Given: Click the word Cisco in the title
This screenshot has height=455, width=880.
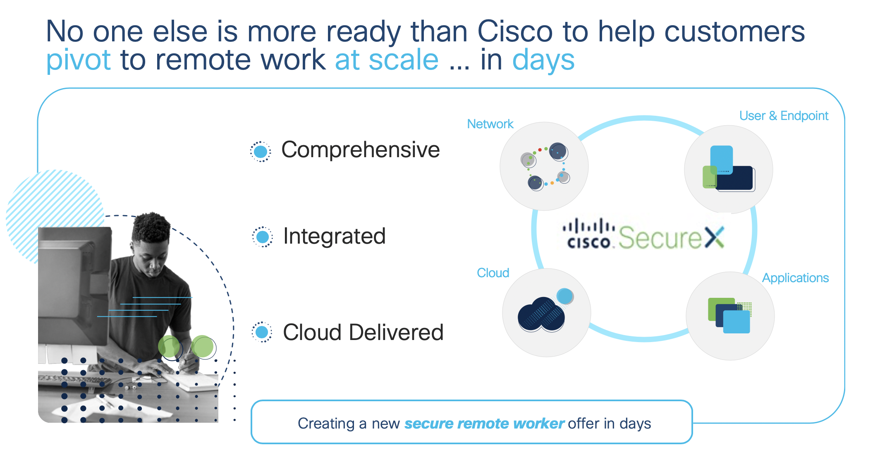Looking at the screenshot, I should point(515,31).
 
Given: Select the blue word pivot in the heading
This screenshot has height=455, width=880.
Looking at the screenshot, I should point(78,60).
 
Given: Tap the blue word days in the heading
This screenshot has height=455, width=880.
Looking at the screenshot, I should point(543,60).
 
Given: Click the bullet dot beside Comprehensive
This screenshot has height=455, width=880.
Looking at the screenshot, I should point(261,152).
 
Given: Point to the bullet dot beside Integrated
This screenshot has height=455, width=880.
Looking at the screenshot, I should point(262,237).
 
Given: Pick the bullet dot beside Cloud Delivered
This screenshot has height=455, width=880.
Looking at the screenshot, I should point(262,332).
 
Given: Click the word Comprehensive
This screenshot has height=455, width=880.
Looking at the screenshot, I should point(360,150).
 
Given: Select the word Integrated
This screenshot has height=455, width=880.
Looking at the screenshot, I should point(334,236).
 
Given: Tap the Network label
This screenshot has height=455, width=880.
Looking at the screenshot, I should point(490,124).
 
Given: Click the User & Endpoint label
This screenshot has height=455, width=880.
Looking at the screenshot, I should point(784,116).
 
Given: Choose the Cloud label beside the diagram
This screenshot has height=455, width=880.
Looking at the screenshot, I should point(493,273).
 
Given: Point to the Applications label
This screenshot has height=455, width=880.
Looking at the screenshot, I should point(795,278).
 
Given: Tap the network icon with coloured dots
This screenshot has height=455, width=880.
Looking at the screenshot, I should point(545,167).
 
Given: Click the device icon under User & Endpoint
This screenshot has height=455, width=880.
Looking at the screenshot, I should point(729,169).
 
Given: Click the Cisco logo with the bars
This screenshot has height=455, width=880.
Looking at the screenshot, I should point(589,235).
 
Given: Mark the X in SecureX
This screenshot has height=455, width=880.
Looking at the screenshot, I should point(714,237).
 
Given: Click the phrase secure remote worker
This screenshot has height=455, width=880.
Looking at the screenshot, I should point(484,424).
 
